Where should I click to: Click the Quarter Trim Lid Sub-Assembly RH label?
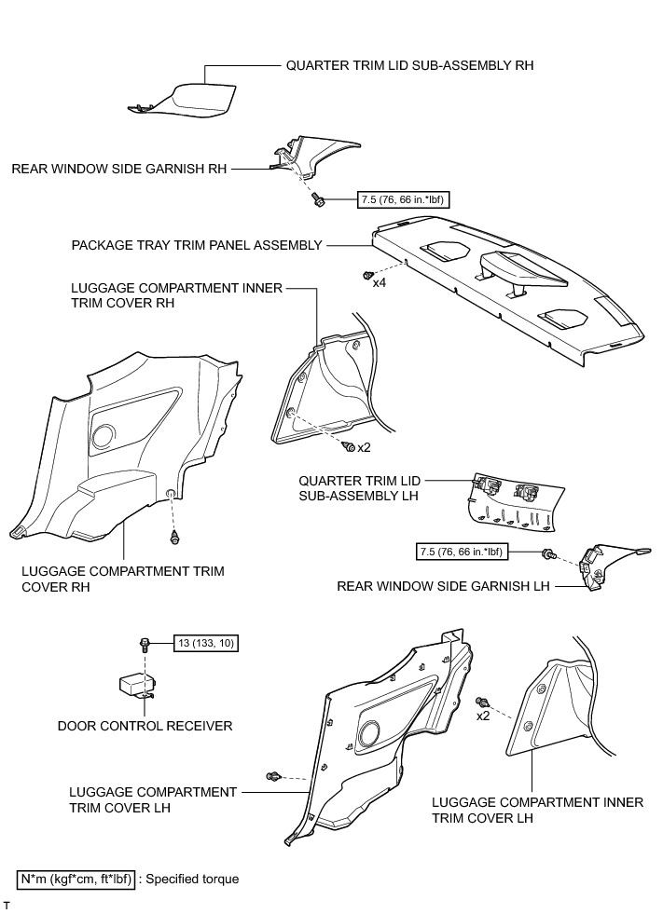pos(409,66)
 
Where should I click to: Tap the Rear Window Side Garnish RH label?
pos(119,170)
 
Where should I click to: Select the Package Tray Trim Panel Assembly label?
pos(197,246)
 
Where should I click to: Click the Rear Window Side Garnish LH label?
pos(443,586)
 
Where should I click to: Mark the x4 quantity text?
pos(380,281)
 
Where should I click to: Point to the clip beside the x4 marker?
pos(366,275)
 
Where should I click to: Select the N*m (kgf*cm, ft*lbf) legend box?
pos(76,879)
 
